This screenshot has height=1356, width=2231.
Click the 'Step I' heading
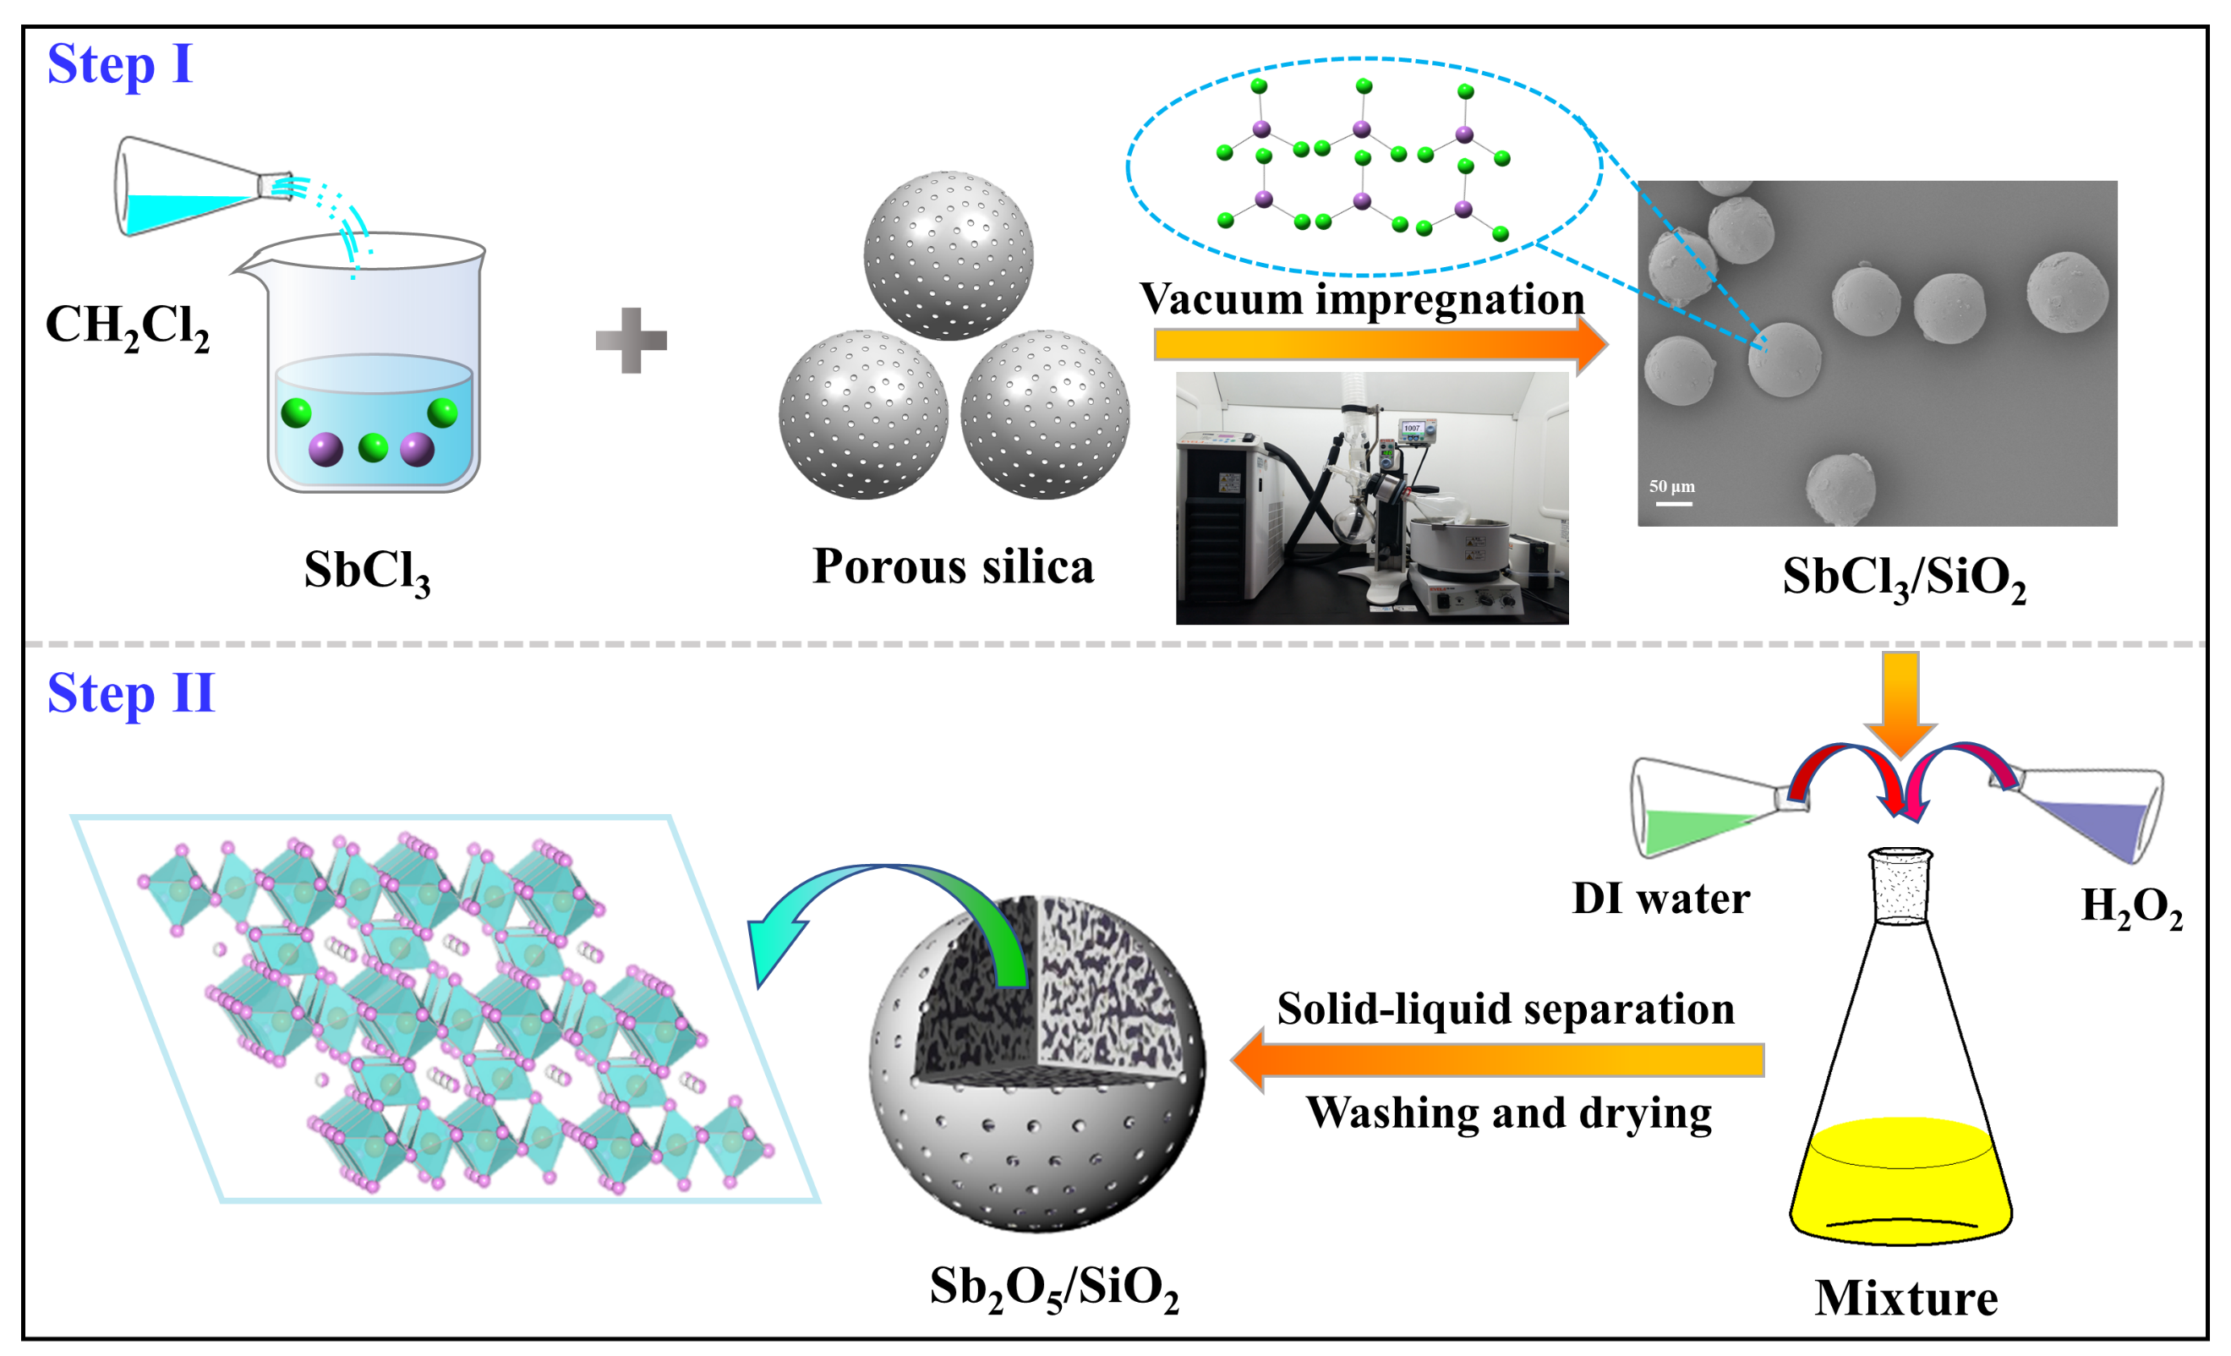point(119,65)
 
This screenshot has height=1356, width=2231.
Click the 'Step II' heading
point(130,694)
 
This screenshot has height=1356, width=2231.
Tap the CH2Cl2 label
point(128,325)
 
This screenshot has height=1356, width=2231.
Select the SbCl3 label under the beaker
point(367,572)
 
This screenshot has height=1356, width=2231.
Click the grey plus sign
point(632,341)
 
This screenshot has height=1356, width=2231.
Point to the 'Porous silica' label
point(953,567)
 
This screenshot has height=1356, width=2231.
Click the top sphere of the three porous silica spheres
point(948,255)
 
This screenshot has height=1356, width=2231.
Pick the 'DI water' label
point(1660,899)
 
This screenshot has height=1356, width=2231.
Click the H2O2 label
point(2131,906)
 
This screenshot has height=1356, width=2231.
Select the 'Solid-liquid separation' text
point(1505,1009)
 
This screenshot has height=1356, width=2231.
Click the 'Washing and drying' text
point(1508,1113)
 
